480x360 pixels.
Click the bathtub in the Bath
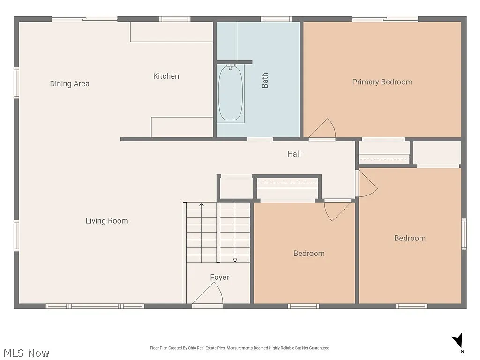[231, 93]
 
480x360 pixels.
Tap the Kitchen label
[166, 76]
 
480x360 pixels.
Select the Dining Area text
[69, 83]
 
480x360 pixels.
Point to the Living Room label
[107, 221]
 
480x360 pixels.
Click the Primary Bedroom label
[382, 82]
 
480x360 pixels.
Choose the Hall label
[294, 154]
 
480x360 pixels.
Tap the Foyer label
[219, 277]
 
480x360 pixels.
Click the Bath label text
[265, 80]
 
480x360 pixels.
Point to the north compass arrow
[457, 341]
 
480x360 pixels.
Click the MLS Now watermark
[26, 353]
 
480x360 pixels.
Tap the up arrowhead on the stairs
[202, 204]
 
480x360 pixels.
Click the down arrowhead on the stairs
[235, 260]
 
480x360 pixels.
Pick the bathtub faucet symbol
[230, 67]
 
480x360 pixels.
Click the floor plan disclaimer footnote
[240, 348]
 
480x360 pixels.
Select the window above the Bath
[277, 19]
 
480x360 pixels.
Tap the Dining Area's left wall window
[16, 83]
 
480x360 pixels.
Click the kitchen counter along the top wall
[172, 32]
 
